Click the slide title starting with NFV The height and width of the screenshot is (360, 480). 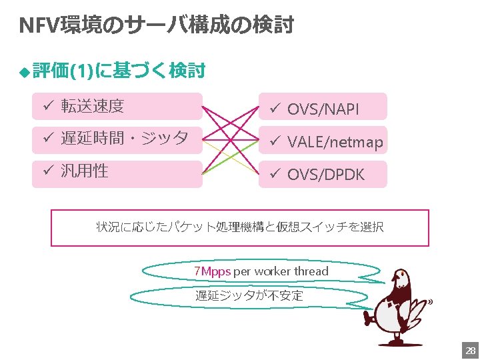(156, 25)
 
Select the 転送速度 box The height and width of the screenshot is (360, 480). (117, 106)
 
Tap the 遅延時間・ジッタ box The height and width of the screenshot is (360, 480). (117, 139)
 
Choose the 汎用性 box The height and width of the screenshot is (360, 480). (117, 173)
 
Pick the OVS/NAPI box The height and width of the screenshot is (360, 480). (323, 107)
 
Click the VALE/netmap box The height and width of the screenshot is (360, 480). (323, 141)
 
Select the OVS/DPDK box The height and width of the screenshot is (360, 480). (323, 174)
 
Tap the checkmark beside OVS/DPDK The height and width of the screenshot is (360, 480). (273, 175)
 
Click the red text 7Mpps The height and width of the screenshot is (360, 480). (212, 271)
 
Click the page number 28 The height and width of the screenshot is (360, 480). (469, 351)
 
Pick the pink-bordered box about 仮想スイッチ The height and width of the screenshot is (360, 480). (240, 227)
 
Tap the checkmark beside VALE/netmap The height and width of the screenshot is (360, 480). (273, 141)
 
